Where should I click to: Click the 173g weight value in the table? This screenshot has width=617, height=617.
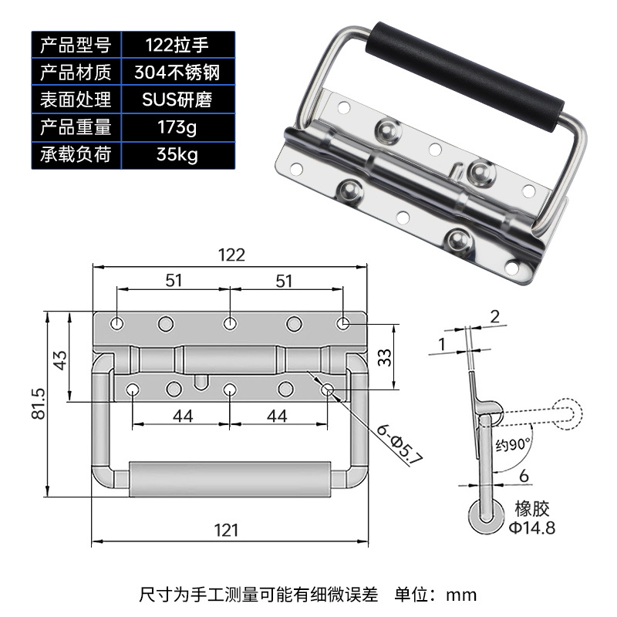click(177, 127)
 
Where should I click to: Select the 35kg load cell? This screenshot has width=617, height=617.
click(177, 155)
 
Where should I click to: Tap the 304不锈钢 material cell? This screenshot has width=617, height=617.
click(177, 72)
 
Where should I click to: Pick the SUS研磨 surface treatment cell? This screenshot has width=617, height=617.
click(177, 99)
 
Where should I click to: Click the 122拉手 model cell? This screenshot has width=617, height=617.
click(177, 45)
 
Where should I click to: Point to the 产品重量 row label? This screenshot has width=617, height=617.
click(76, 127)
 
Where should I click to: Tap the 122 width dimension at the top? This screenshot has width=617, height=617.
click(232, 255)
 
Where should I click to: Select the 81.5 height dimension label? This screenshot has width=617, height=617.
click(38, 403)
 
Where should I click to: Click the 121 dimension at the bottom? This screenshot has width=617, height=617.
click(227, 531)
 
